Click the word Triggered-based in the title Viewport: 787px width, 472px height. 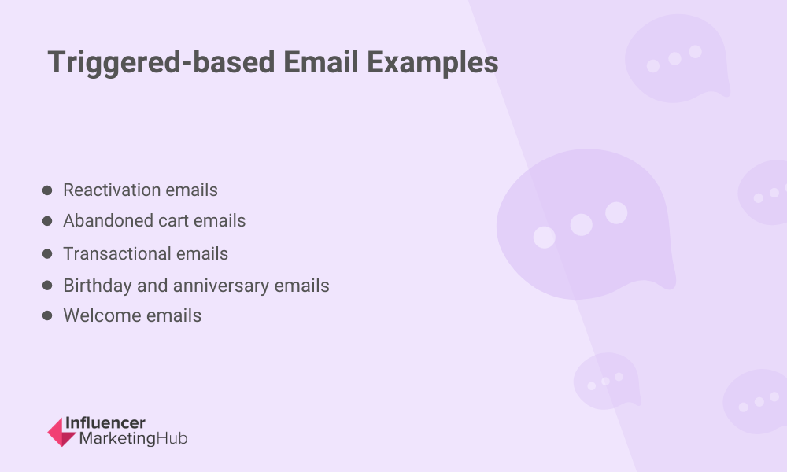[161, 63]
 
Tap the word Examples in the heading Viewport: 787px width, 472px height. [433, 63]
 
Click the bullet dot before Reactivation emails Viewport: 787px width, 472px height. [47, 190]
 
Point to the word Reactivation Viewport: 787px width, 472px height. [112, 190]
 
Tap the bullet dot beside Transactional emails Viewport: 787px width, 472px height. [47, 254]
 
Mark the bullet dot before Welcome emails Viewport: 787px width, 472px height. [47, 315]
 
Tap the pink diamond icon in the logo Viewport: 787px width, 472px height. [61, 432]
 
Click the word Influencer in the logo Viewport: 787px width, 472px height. [105, 423]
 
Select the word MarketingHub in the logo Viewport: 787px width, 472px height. [134, 438]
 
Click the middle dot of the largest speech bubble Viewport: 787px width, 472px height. [582, 225]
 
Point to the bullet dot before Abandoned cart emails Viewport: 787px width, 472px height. [47, 221]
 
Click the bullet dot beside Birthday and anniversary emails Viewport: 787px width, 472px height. [47, 286]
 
